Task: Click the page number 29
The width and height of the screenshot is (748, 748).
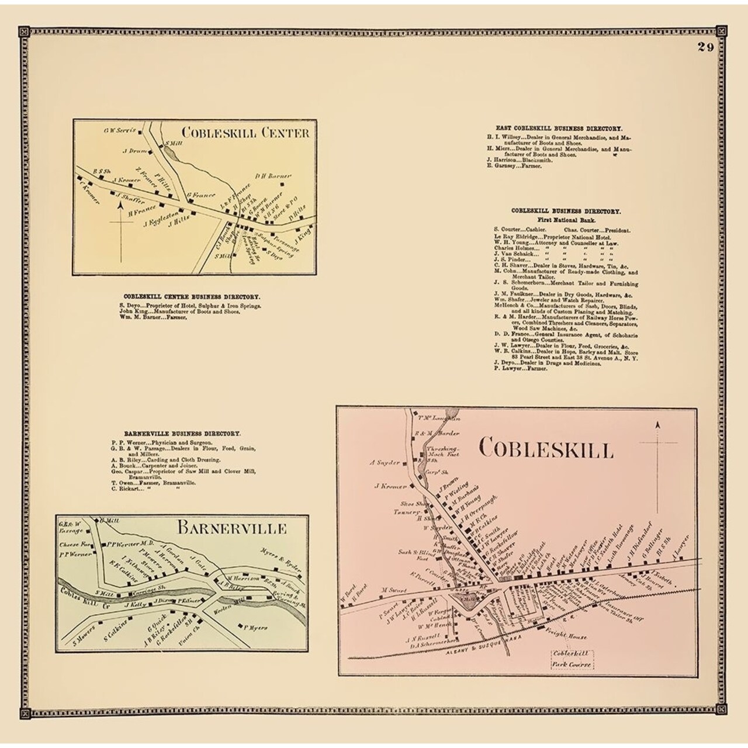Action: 705,47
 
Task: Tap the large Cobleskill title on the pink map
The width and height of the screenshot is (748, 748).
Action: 546,449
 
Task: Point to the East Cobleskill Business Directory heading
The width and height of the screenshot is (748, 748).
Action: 559,127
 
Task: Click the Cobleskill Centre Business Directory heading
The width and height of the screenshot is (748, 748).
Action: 192,297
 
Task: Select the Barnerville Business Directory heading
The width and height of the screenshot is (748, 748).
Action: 182,434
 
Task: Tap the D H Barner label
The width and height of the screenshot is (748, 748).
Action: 273,175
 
